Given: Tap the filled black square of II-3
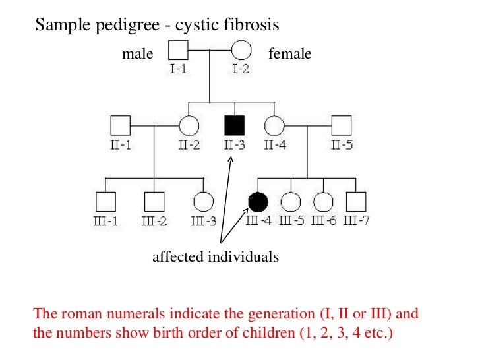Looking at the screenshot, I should [x=235, y=125].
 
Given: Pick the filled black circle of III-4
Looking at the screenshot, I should [x=258, y=202].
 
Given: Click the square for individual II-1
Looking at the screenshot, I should [x=120, y=125].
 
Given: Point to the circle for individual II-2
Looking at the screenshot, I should [x=189, y=125].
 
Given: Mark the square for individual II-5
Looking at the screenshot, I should [x=340, y=125].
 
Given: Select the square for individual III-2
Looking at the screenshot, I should [x=154, y=202].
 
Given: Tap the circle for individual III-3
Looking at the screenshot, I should [x=204, y=202].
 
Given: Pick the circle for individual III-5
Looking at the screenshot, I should [x=290, y=202].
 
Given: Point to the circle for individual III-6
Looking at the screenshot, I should [x=322, y=202].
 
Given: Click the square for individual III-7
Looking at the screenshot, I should [x=356, y=202].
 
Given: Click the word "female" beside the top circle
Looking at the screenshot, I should [x=290, y=54].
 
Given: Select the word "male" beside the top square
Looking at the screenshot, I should [x=137, y=54].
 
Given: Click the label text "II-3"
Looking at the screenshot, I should [x=234, y=145].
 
